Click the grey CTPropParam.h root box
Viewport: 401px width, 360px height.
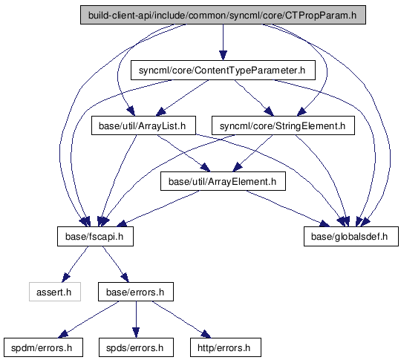(x=223, y=15)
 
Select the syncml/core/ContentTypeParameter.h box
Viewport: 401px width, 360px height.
(x=223, y=71)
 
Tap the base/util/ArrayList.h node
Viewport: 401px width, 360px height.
(x=144, y=125)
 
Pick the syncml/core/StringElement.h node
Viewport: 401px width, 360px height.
(x=283, y=125)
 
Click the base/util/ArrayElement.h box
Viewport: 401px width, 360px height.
(x=223, y=181)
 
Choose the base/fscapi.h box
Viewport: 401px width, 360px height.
(x=95, y=237)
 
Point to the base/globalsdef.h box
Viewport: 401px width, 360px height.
(x=351, y=237)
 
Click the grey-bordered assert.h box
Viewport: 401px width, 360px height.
(x=55, y=292)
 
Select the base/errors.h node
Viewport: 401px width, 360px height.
(x=136, y=292)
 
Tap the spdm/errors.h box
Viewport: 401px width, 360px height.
(x=43, y=347)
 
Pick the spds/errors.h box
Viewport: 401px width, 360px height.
(x=136, y=347)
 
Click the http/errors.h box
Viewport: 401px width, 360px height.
(x=226, y=347)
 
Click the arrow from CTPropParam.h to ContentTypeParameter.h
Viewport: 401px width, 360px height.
(x=223, y=42)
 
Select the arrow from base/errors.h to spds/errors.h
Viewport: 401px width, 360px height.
(x=136, y=320)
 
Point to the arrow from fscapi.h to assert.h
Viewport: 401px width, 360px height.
(x=76, y=264)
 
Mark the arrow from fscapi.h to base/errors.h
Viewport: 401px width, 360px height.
(x=115, y=264)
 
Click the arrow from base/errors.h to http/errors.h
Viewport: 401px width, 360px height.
(x=181, y=320)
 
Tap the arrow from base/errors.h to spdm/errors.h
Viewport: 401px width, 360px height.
(x=88, y=320)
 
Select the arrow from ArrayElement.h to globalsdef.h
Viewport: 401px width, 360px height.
(x=287, y=209)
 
